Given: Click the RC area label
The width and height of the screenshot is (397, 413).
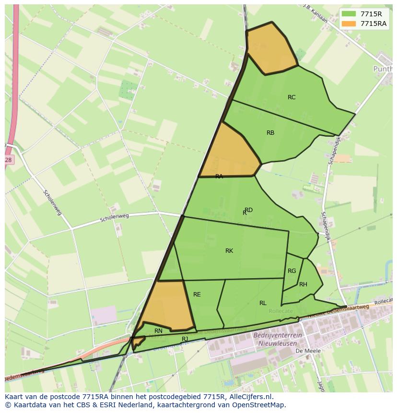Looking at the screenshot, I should [292, 97].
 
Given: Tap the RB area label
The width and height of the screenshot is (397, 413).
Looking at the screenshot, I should [270, 133].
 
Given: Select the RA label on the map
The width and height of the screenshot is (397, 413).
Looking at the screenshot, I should [219, 177].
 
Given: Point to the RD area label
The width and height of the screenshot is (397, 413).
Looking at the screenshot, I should [248, 210].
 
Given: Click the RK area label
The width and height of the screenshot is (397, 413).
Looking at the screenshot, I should [229, 251].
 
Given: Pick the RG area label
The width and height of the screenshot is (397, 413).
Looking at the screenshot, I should [292, 271].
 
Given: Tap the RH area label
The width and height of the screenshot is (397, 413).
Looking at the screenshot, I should [303, 284].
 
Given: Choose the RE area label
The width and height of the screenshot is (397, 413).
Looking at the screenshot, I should [197, 295].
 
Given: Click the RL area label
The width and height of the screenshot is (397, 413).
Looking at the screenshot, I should [263, 303].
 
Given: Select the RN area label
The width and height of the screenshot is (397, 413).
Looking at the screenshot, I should [158, 331].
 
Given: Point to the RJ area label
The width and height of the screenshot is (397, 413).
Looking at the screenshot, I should [185, 339].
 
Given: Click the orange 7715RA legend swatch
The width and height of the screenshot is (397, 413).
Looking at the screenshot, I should [349, 24].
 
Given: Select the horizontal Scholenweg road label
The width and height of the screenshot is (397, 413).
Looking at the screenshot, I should [115, 218].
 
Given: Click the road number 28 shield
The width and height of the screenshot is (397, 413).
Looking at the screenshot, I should [9, 160].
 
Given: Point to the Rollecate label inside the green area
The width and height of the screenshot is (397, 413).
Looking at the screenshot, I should [281, 311].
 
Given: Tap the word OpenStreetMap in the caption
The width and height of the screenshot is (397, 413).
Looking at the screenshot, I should [261, 405].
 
